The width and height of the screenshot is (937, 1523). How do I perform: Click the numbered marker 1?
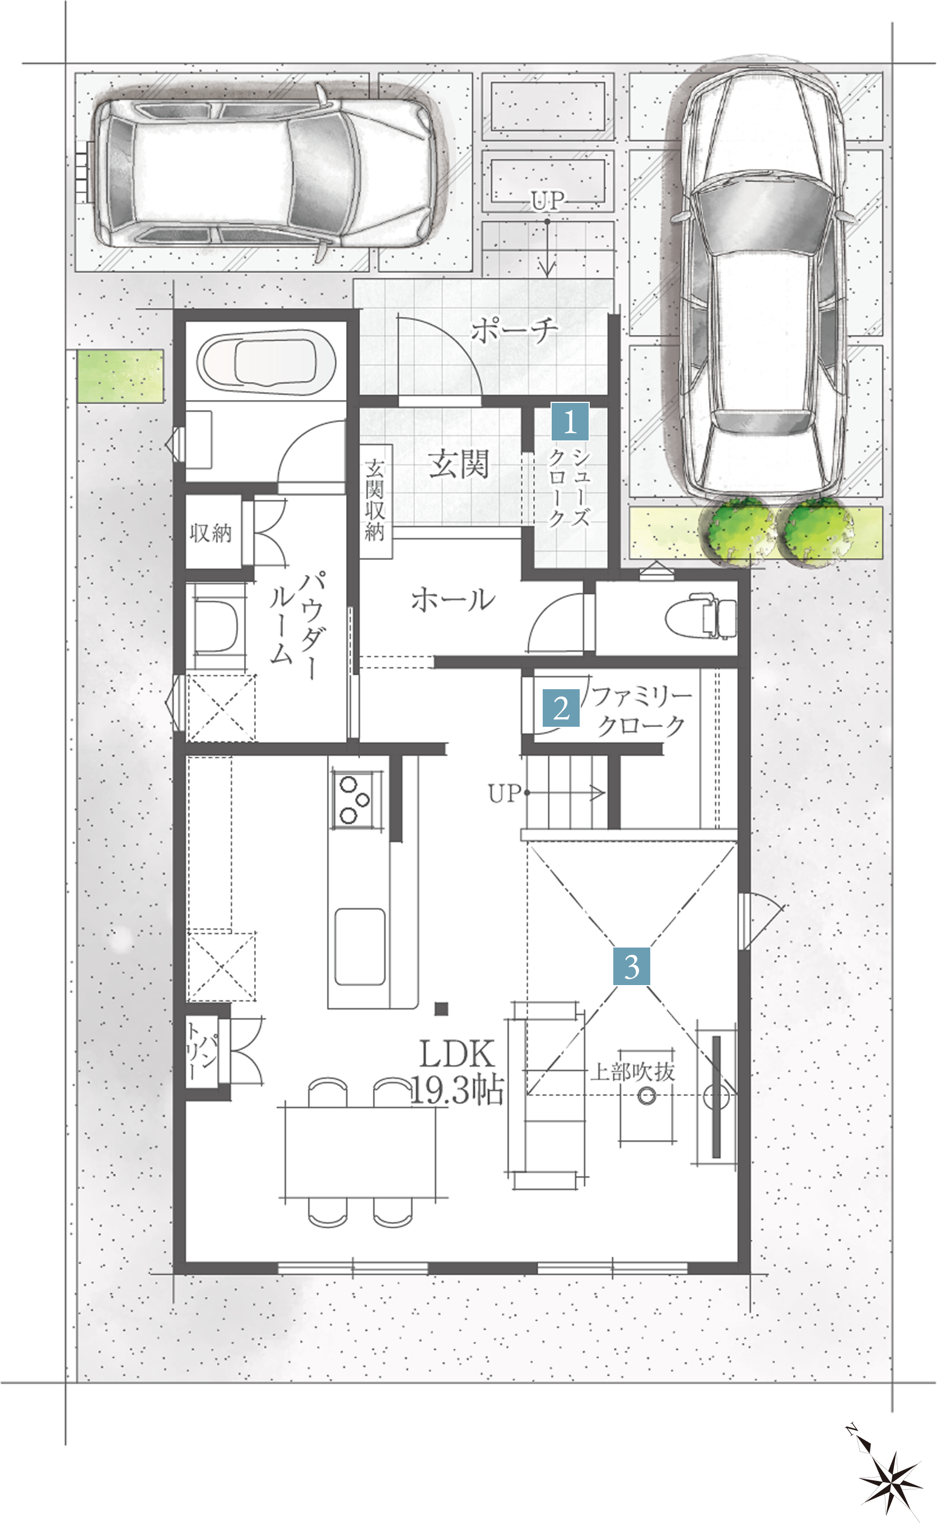(x=570, y=421)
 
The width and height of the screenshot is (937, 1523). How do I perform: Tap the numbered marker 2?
(x=561, y=708)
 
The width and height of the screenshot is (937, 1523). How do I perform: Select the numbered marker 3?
(x=632, y=967)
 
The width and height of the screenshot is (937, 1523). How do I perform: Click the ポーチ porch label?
(x=514, y=330)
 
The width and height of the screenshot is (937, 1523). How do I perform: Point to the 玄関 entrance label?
(x=459, y=463)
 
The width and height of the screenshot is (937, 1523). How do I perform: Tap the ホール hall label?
(x=454, y=600)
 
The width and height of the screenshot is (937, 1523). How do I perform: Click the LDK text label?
(x=458, y=1054)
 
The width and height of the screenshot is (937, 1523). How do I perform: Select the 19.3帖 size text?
(x=456, y=1090)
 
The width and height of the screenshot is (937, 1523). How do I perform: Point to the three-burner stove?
(x=356, y=800)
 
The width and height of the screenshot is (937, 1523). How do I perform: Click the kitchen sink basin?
(x=360, y=946)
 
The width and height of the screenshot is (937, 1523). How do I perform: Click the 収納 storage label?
(x=211, y=533)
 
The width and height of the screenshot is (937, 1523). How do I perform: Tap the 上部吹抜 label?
(x=632, y=1072)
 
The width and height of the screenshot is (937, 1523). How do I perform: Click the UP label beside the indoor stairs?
(x=505, y=793)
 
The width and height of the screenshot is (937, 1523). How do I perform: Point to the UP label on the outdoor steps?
(x=548, y=200)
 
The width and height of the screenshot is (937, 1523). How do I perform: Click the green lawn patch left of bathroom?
(x=120, y=375)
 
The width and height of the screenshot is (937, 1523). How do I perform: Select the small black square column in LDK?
(x=441, y=1009)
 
